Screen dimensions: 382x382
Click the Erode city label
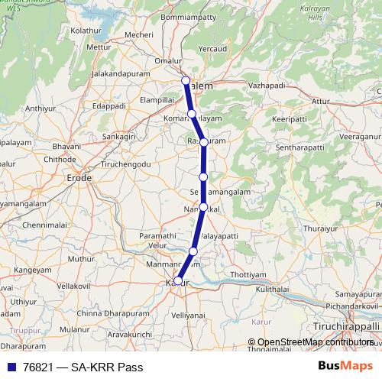click(79, 178)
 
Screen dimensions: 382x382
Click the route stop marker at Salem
click(185, 81)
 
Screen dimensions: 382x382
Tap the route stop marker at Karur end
click(177, 281)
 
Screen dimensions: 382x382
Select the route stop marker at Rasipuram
click(204, 142)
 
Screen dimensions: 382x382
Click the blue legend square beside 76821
click(9, 367)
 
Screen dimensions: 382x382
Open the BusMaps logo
click(345, 365)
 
